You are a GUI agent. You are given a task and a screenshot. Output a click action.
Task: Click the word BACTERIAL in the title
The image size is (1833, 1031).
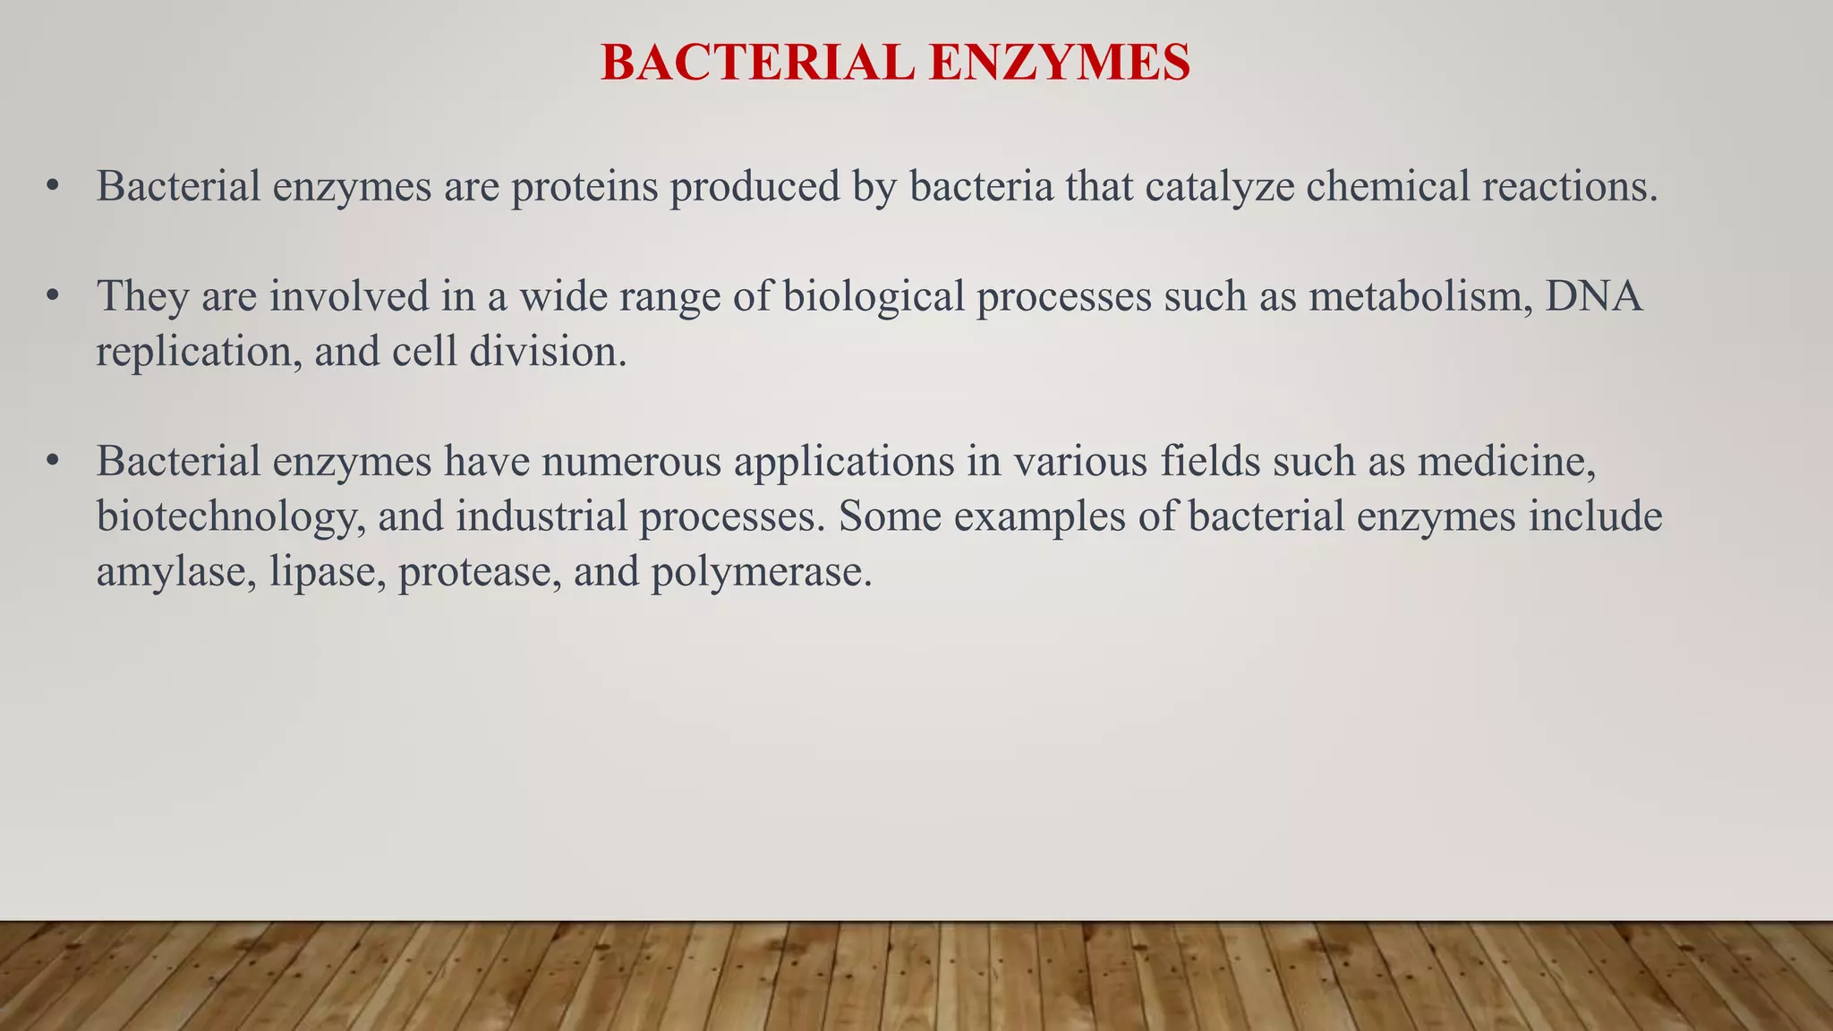pyautogui.click(x=757, y=64)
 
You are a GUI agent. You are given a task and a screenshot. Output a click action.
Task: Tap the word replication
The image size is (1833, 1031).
pyautogui.click(x=199, y=352)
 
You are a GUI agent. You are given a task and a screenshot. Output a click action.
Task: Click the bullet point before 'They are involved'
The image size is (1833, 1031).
pyautogui.click(x=53, y=296)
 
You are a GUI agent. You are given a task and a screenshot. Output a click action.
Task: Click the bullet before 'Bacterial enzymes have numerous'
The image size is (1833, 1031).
pyautogui.click(x=53, y=462)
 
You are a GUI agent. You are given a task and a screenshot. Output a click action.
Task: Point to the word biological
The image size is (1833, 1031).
pyautogui.click(x=874, y=296)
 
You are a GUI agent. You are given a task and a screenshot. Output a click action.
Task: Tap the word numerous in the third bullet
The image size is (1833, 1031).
pyautogui.click(x=631, y=462)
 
